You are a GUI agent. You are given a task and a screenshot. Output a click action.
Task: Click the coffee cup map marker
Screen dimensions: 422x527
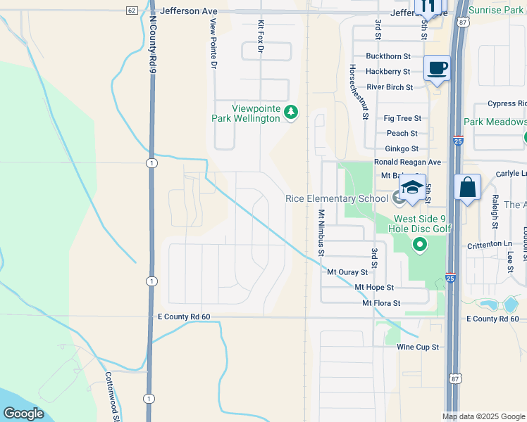click(x=437, y=68)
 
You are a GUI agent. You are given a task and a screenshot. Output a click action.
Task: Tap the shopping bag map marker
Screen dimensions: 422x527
click(x=468, y=188)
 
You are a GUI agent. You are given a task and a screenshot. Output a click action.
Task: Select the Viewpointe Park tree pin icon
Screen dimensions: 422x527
click(x=290, y=112)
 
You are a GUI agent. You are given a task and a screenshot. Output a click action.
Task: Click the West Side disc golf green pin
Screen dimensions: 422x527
click(x=420, y=245)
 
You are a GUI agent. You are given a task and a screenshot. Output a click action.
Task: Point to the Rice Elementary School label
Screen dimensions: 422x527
click(x=337, y=198)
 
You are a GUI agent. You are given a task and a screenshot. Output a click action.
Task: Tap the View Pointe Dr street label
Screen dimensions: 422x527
click(x=213, y=43)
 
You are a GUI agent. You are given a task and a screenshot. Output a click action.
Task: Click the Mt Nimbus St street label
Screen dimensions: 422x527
click(x=321, y=232)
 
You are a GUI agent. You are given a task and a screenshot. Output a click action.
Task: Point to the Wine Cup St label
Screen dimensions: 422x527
click(x=418, y=347)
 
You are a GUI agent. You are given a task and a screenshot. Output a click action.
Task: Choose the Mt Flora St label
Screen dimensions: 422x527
click(x=381, y=303)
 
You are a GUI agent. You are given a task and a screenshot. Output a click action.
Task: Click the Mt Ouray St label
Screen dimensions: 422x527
click(x=347, y=271)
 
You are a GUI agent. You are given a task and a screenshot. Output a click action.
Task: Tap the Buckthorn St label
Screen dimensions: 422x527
click(x=389, y=56)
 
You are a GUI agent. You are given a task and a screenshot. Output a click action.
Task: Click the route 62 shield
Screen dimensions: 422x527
click(x=132, y=11)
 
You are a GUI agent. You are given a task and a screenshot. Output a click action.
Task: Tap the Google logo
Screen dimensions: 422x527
click(x=23, y=414)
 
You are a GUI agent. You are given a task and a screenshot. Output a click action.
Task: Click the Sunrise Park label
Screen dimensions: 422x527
click(x=496, y=10)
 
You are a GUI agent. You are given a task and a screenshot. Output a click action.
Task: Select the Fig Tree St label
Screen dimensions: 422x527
click(x=403, y=118)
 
